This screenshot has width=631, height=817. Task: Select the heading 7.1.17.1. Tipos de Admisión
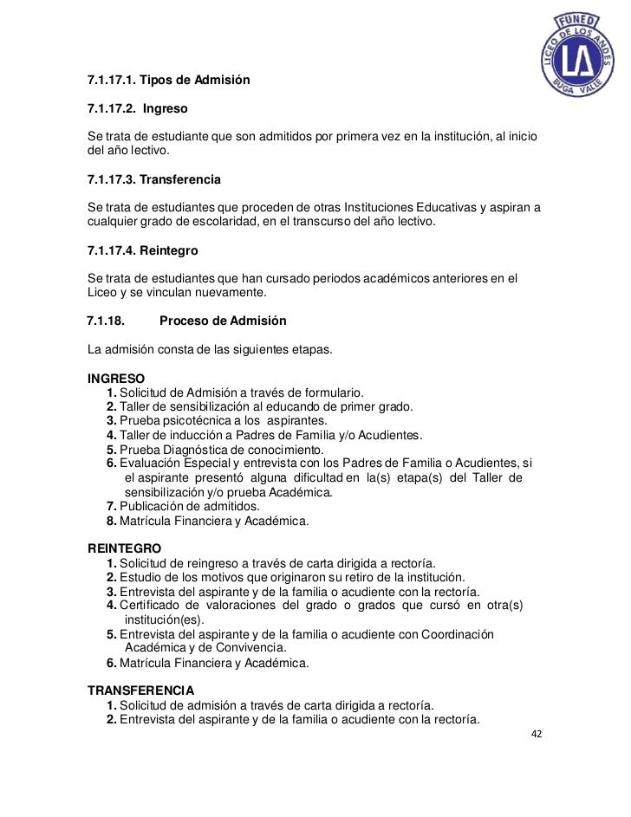[169, 81]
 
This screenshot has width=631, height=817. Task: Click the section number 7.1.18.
[107, 321]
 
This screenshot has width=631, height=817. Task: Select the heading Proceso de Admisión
[223, 321]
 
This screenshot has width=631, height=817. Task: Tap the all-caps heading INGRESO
[117, 379]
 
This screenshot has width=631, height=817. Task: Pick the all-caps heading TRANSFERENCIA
[140, 691]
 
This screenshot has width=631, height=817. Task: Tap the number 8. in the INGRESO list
[111, 522]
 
